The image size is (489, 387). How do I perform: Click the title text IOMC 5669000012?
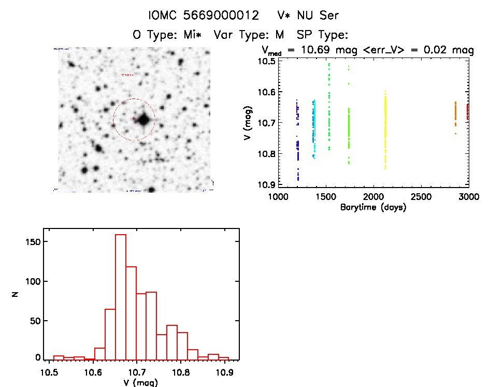[x=203, y=16]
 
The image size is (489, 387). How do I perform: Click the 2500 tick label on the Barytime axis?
[x=421, y=197]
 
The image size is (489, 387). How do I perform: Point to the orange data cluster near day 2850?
[x=455, y=114]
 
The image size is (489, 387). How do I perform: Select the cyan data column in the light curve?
[x=313, y=127]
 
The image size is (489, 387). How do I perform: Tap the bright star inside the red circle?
[x=143, y=120]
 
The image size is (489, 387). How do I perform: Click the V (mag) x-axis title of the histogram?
[x=138, y=383]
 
